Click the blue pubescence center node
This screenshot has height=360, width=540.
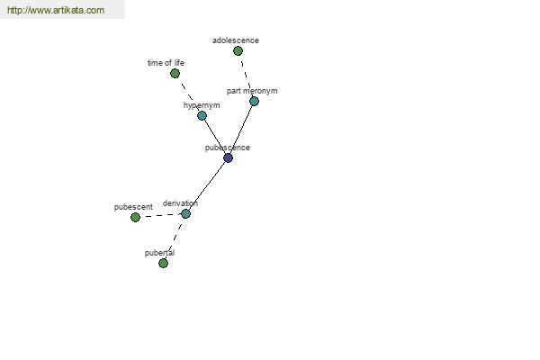(x=228, y=157)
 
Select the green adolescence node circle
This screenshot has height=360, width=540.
(x=238, y=51)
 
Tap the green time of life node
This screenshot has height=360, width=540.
(x=175, y=74)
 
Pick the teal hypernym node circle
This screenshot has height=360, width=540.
(x=202, y=115)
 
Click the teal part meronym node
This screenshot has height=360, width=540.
(x=254, y=102)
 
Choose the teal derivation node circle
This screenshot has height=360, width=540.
(x=185, y=214)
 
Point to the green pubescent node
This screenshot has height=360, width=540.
(x=135, y=218)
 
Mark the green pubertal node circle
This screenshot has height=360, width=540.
(x=163, y=263)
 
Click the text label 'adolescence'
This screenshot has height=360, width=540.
(x=236, y=40)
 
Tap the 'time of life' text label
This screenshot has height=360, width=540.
(x=166, y=63)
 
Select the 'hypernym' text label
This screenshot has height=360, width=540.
(x=202, y=105)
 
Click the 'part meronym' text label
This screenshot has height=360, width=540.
(x=252, y=91)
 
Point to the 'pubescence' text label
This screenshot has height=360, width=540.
(x=228, y=148)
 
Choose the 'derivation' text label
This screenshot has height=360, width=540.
(x=180, y=203)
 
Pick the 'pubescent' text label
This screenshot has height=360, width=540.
(x=133, y=207)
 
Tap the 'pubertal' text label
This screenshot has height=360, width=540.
(x=159, y=253)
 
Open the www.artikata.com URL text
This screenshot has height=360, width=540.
(x=56, y=10)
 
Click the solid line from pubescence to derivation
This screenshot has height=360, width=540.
(x=207, y=185)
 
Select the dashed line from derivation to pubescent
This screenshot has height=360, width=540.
(x=160, y=216)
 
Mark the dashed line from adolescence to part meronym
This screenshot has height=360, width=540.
(x=246, y=76)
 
